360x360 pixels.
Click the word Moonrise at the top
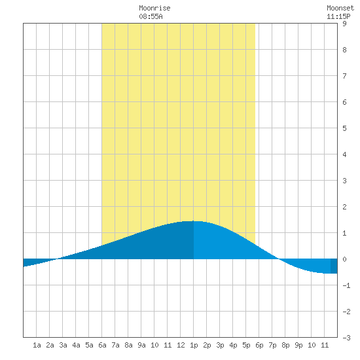click(x=154, y=8)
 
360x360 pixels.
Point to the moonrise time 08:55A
click(x=151, y=16)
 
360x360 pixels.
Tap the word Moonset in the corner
click(x=340, y=8)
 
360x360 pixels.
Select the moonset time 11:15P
click(x=338, y=16)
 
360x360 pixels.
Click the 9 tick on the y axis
click(x=344, y=24)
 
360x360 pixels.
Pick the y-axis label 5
click(x=344, y=128)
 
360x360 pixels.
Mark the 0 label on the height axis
click(x=344, y=259)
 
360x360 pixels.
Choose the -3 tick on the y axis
click(x=346, y=338)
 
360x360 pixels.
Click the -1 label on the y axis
click(x=346, y=285)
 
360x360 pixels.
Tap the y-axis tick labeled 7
click(x=344, y=76)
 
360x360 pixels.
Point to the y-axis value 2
click(x=344, y=207)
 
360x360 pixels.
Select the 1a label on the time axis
click(x=37, y=345)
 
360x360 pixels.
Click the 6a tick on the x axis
click(x=102, y=345)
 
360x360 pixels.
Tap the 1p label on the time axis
click(x=194, y=345)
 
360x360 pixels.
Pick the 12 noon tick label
click(x=181, y=345)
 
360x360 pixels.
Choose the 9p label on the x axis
click(x=298, y=345)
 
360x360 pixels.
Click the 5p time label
click(x=246, y=345)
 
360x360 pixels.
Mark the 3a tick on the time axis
click(x=63, y=345)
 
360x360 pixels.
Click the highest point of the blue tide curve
click(x=193, y=221)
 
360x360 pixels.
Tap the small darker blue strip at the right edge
click(x=334, y=266)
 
